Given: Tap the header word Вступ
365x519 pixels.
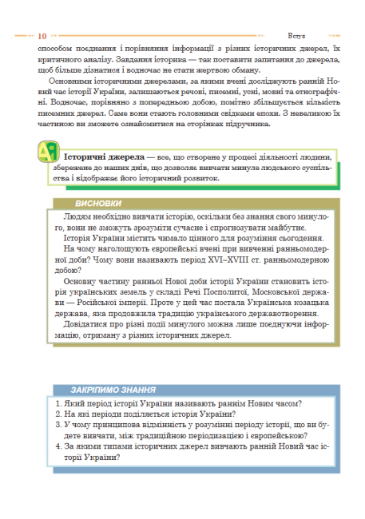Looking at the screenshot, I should click(296, 36).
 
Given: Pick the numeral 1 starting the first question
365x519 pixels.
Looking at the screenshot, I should click(58, 404).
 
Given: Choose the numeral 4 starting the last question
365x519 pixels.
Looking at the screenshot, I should click(58, 446).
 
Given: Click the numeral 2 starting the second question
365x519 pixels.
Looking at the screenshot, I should click(58, 414).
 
